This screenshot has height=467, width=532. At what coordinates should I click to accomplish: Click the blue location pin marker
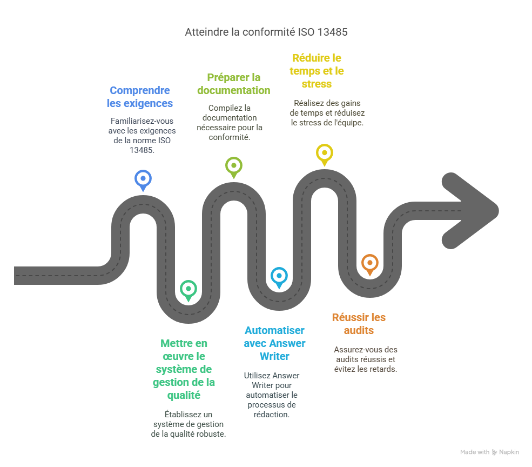tap(143, 178)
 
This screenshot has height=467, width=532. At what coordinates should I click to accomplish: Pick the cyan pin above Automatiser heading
tap(278, 276)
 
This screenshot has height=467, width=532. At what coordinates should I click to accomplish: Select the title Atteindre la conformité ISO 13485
tap(266, 32)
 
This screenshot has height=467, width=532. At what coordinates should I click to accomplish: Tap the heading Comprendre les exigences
tap(140, 97)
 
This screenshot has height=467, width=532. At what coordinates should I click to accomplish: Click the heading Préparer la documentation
tap(233, 84)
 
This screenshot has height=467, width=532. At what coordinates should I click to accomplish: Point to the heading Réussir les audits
tap(359, 324)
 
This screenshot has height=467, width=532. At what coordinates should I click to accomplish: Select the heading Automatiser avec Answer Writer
tap(274, 343)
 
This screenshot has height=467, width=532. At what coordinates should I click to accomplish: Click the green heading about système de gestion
tap(184, 369)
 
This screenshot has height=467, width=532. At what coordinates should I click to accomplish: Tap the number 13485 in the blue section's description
tap(142, 150)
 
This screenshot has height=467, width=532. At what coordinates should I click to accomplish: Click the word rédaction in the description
tap(271, 415)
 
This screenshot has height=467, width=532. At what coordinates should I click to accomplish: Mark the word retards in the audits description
tap(383, 369)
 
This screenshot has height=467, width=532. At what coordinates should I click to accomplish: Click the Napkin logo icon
tap(495, 452)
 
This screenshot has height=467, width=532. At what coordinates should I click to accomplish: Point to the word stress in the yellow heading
tap(317, 84)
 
